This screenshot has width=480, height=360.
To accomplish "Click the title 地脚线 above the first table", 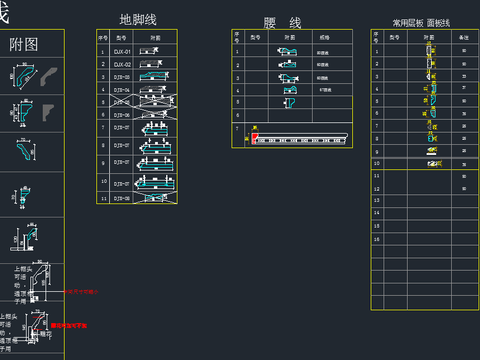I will [x=138, y=19].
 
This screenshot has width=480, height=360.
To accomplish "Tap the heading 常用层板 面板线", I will [x=422, y=21].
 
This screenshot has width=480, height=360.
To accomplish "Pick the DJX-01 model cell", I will [x=122, y=51].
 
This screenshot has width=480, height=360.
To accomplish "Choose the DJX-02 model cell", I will [x=122, y=63].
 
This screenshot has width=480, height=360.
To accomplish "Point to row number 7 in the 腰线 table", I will [x=237, y=128].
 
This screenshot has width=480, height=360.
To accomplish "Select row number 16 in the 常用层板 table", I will [x=376, y=239].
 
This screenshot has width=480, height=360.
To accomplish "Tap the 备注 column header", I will [x=463, y=36].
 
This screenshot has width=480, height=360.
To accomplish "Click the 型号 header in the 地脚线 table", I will [x=122, y=37].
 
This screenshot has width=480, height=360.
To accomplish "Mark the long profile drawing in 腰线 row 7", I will [x=300, y=139].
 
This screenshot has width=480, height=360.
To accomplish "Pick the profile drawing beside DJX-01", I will [x=154, y=51].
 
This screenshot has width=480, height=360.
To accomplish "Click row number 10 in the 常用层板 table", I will [x=376, y=163].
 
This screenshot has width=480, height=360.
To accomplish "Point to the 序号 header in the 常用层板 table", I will [x=376, y=36].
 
